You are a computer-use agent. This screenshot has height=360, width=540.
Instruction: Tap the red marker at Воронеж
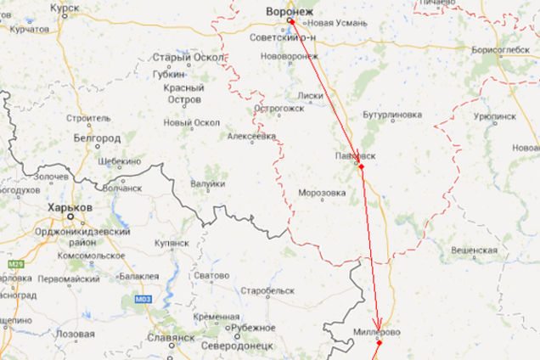(x=290, y=20)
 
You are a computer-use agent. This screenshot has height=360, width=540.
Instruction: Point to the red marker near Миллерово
(x=380, y=343)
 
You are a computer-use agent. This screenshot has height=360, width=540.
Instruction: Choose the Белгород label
(x=98, y=136)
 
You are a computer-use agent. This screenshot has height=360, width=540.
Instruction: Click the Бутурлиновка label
(x=392, y=113)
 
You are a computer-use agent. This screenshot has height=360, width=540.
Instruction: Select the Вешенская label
(x=474, y=251)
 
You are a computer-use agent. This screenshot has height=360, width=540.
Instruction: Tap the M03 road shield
(x=142, y=299)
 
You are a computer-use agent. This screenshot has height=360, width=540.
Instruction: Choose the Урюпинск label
(x=495, y=114)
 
